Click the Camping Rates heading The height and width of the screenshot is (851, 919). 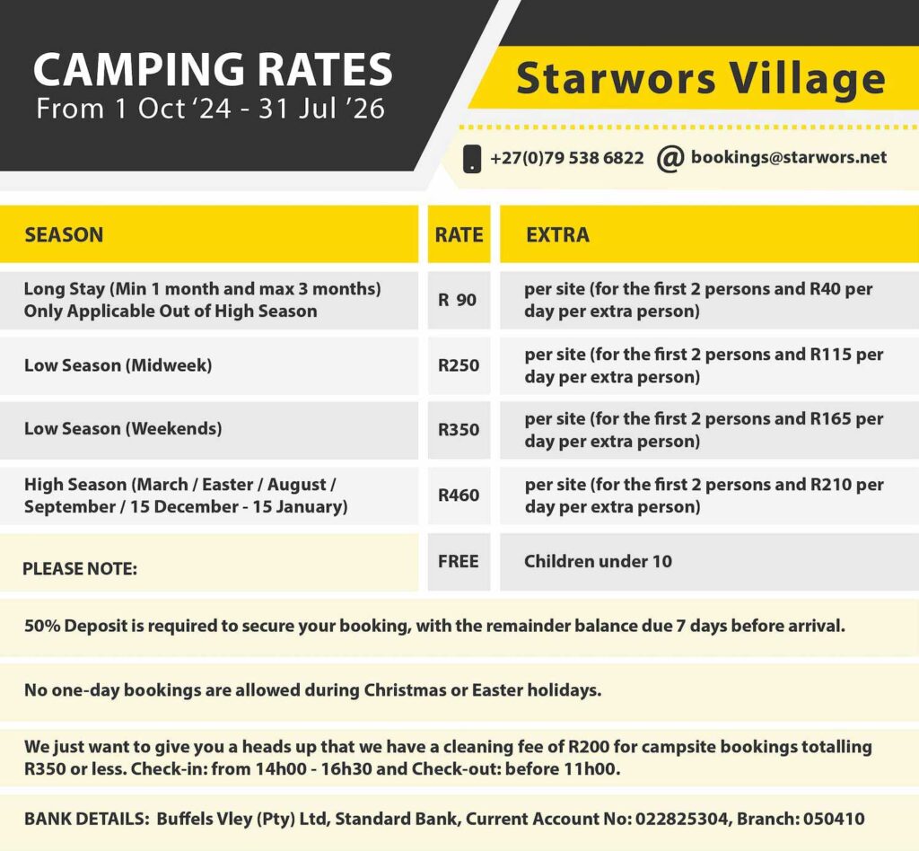point(213,70)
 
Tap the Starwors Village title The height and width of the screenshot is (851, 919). point(700,78)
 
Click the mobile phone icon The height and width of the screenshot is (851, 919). point(472,159)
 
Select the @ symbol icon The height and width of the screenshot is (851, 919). point(670,158)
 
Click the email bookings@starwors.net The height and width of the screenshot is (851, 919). point(789,158)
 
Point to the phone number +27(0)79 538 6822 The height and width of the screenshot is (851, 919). point(567,158)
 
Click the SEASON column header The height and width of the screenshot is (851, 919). point(64,235)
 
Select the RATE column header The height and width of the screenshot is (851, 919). point(459,235)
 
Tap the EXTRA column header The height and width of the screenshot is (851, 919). point(557,235)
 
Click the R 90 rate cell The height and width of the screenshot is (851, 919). point(458,300)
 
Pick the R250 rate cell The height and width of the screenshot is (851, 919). point(459,365)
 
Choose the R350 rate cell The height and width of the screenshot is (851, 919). point(459,430)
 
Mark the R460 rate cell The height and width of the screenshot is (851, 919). point(459,496)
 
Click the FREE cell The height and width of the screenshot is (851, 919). point(459,561)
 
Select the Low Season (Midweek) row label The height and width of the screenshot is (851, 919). point(118,365)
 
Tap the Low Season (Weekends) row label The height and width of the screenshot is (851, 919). point(123,429)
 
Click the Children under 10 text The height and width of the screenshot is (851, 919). point(598,561)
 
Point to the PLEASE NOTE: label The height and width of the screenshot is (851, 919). point(80,569)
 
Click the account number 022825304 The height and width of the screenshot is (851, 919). point(682,819)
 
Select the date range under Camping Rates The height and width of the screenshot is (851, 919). point(210,109)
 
